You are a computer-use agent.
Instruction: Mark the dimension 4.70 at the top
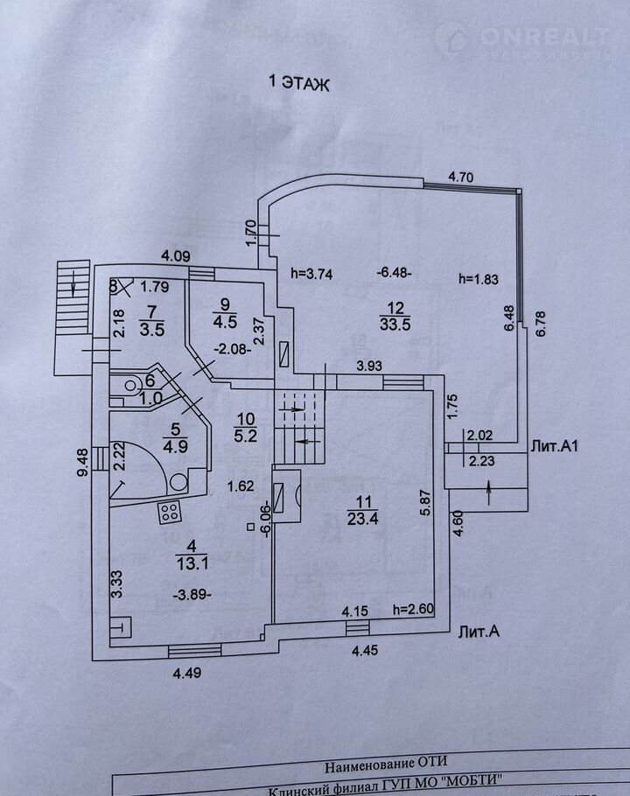click(460, 177)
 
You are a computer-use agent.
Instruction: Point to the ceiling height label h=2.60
click(413, 611)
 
